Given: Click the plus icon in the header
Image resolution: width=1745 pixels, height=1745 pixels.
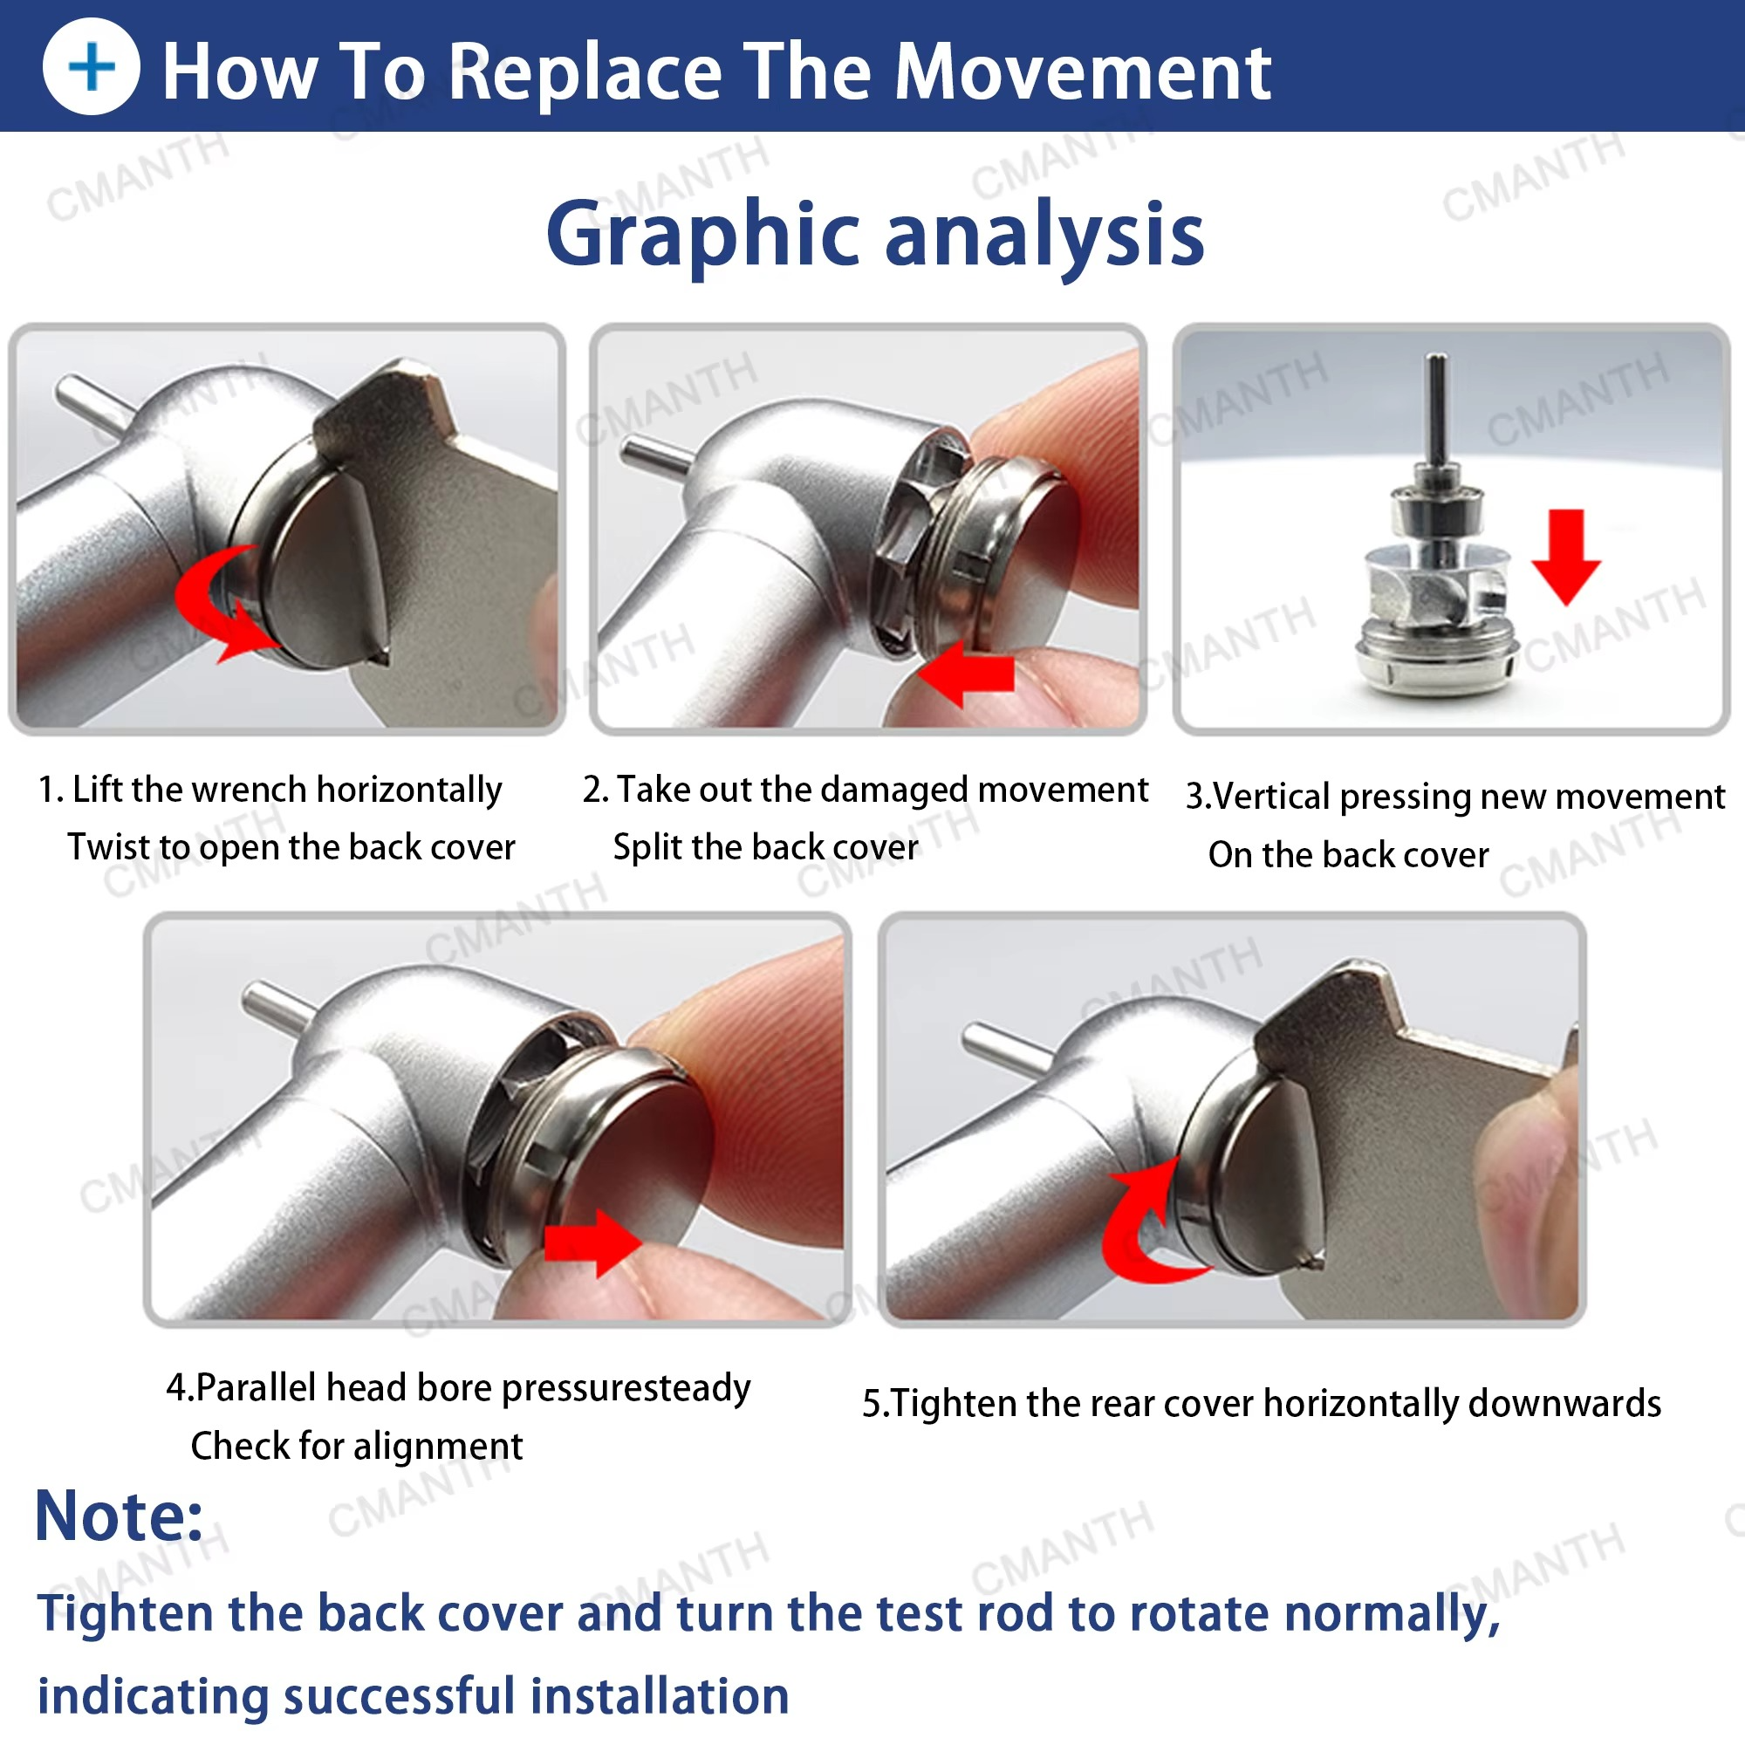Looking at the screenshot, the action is coord(92,67).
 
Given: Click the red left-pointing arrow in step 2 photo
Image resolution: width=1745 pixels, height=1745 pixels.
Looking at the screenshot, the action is coord(966,673).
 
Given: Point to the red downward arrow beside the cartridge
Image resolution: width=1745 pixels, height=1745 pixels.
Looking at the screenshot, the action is coord(1566,557).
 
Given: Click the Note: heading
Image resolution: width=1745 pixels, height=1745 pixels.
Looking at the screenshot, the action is coord(120,1517).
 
